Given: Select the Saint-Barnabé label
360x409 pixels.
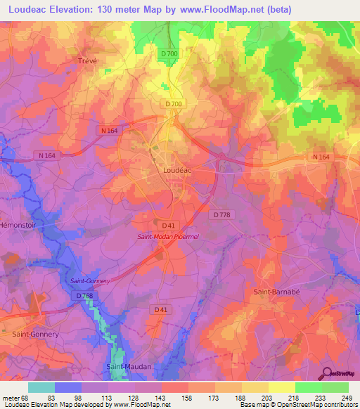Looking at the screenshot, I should (x=273, y=290).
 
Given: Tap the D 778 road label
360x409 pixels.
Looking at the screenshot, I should (x=221, y=214).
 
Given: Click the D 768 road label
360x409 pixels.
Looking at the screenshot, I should (x=84, y=296).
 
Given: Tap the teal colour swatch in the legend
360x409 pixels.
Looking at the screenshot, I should (x=41, y=387).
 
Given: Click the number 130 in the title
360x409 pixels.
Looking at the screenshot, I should (x=93, y=9).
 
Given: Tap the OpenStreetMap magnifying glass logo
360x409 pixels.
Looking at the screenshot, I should (x=328, y=372).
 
